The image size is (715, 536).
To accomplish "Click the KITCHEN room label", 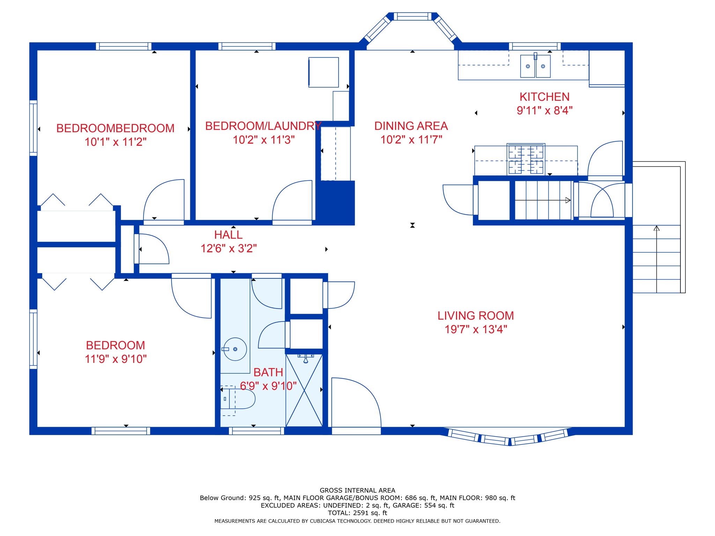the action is (544, 97).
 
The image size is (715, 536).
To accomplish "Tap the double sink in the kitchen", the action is (535, 66).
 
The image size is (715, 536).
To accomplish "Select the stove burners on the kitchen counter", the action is (526, 159).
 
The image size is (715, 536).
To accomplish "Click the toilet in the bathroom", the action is (237, 399).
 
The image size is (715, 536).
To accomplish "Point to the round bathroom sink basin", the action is (235, 349).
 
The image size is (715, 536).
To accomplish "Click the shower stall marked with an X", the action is (304, 390).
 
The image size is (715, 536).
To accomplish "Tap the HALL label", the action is (228, 234).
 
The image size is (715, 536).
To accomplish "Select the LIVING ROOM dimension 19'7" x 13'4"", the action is (476, 329).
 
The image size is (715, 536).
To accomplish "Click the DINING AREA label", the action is (411, 126).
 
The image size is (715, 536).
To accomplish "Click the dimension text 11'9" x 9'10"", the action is (116, 359).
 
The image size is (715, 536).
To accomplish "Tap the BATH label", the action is (268, 372).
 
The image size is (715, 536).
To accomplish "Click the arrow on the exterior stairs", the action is (657, 259).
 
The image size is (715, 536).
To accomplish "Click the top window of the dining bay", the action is (413, 16).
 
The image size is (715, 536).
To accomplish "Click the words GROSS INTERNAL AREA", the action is (357, 490).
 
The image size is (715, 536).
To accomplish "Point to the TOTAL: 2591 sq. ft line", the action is (357, 513).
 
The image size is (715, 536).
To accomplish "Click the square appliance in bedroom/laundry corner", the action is (324, 72).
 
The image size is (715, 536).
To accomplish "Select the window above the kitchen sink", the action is (535, 46).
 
